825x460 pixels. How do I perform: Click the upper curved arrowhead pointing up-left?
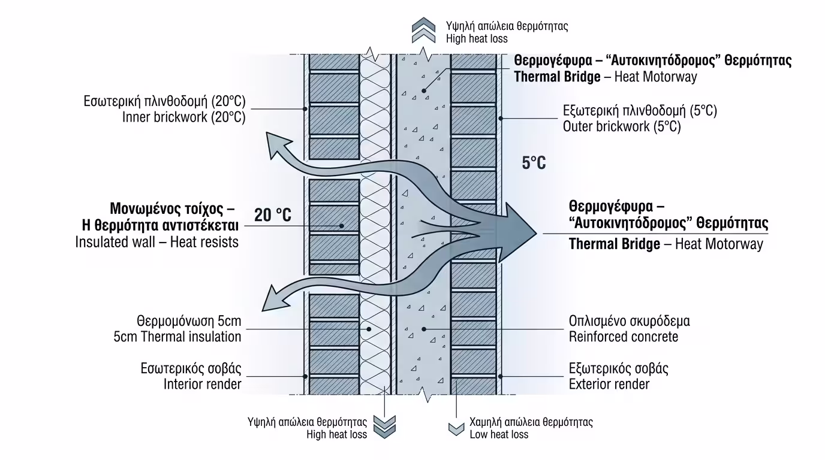pos(276,146)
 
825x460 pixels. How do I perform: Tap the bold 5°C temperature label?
pos(534,163)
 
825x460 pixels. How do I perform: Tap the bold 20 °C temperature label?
pos(273,214)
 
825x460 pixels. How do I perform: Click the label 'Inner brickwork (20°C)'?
pos(183,117)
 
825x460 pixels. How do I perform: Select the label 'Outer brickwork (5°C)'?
pos(622,127)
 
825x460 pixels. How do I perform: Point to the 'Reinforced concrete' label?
pos(623,337)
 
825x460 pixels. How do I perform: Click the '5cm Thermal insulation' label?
pos(177,337)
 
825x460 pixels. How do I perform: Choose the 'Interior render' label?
pos(202,384)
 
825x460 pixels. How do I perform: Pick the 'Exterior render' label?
pos(609,384)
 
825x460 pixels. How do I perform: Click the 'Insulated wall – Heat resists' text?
pos(157,243)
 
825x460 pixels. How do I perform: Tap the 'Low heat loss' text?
pos(499,434)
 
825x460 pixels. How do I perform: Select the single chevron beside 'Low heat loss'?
pos(456,429)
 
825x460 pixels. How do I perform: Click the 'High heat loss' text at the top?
pos(477,39)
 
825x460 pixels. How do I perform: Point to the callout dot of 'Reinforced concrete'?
pos(424,329)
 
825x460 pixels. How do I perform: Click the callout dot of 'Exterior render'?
pos(500,377)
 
